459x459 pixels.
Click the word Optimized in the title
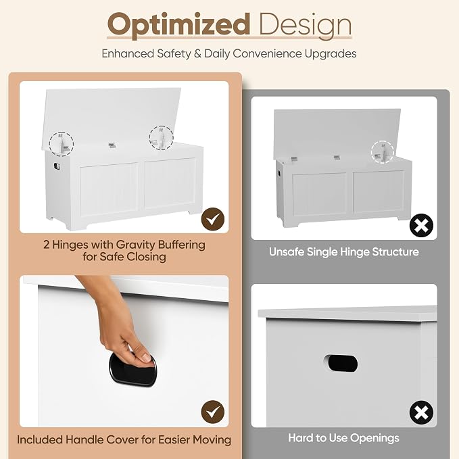pyautogui.click(x=178, y=26)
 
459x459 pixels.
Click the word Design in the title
pyautogui.click(x=306, y=26)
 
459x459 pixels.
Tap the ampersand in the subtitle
pyautogui.click(x=197, y=54)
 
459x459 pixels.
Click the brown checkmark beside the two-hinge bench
pyautogui.click(x=213, y=219)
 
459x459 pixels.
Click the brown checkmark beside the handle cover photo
pyautogui.click(x=213, y=412)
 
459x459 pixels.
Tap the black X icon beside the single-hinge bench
pyautogui.click(x=421, y=225)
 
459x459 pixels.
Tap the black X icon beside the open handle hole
pyautogui.click(x=421, y=413)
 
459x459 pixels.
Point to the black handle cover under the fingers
pyautogui.click(x=132, y=369)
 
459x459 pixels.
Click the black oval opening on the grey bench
pyautogui.click(x=341, y=364)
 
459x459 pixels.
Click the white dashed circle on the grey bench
pyautogui.click(x=383, y=152)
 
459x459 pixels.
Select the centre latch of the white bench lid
pyautogui.click(x=112, y=145)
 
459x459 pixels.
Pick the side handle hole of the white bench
pyautogui.click(x=57, y=166)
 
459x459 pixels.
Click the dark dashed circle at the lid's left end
pyautogui.click(x=62, y=143)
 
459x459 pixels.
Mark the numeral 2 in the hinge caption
pyautogui.click(x=46, y=245)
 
